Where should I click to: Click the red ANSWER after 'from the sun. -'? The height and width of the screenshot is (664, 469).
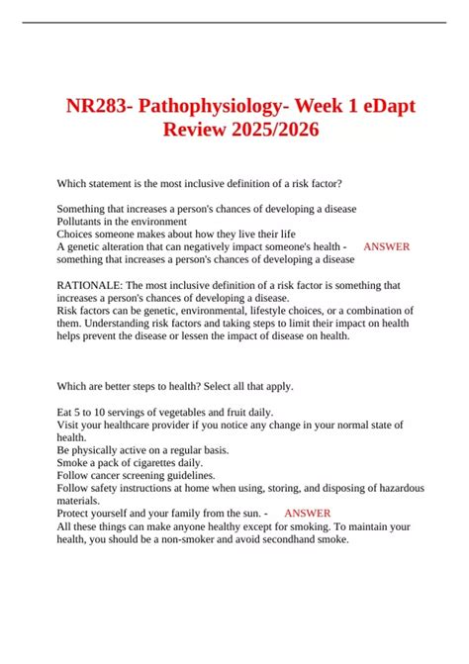307,514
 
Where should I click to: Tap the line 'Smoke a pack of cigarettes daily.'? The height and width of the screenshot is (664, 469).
131,462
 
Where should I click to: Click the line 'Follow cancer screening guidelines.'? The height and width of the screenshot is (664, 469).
136,475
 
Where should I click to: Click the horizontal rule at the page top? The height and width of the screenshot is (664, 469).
234,22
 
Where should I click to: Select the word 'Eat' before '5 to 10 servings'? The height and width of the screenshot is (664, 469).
65,412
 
